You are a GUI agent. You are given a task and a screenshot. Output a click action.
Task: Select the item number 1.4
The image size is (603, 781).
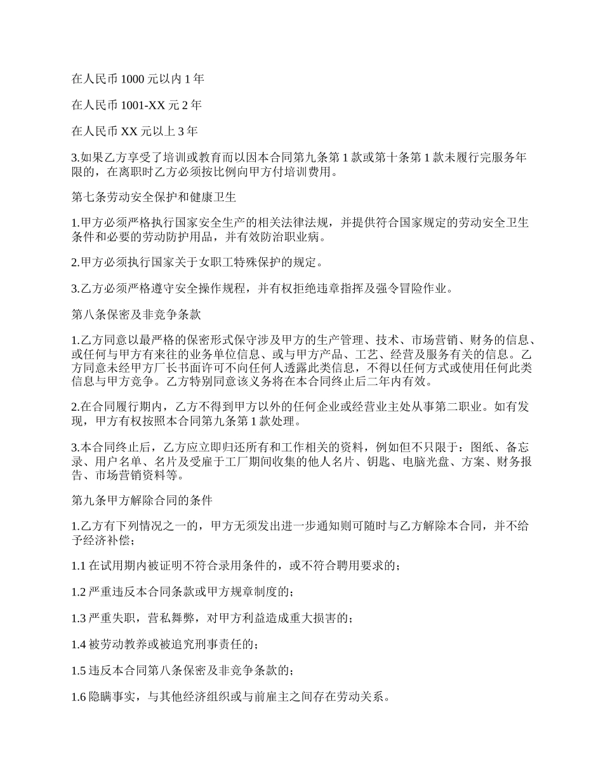(79, 644)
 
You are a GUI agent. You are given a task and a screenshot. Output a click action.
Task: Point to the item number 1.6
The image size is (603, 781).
(79, 697)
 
